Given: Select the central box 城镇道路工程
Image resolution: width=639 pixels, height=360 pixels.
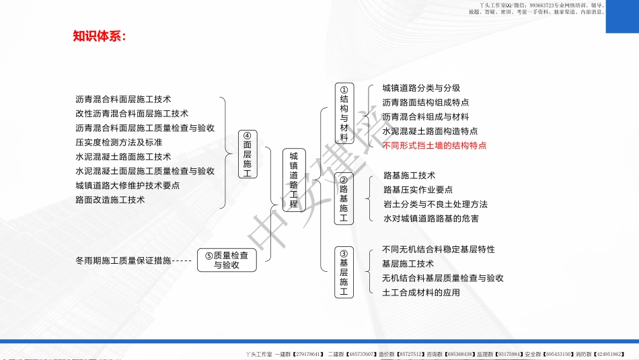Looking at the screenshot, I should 293,180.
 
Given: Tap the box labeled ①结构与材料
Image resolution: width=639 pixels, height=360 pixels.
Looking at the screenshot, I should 344,113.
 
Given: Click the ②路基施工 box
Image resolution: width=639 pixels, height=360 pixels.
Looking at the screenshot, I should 344,199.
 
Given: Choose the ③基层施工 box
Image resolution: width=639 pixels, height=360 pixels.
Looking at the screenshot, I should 344,273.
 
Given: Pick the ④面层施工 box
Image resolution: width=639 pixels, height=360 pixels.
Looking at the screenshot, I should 248,154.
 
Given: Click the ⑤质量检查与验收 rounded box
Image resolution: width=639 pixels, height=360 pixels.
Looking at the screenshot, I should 227,260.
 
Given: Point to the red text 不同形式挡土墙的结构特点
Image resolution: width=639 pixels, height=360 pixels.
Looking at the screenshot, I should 434,145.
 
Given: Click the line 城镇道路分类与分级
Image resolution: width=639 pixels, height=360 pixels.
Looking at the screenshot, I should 421,88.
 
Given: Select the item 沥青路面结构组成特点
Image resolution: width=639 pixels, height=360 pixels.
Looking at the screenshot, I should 425,102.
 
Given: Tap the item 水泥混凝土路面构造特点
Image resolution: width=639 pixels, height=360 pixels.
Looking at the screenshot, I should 430,131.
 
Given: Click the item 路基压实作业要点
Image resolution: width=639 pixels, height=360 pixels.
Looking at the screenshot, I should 418,190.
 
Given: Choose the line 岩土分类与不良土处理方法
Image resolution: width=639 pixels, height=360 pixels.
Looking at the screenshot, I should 435,204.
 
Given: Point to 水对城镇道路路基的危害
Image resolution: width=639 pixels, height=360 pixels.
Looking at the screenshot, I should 431,219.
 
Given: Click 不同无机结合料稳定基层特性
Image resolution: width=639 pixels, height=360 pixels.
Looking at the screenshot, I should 439,249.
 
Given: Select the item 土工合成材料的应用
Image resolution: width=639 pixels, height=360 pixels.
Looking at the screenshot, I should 421,292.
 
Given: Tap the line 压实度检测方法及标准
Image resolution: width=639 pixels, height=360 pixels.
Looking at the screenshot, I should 119,142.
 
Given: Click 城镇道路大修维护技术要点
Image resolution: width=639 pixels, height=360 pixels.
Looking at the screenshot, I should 128,185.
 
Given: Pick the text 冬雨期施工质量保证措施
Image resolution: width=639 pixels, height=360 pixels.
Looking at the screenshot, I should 123,260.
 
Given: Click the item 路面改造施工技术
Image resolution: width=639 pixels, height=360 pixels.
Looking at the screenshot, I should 110,200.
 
